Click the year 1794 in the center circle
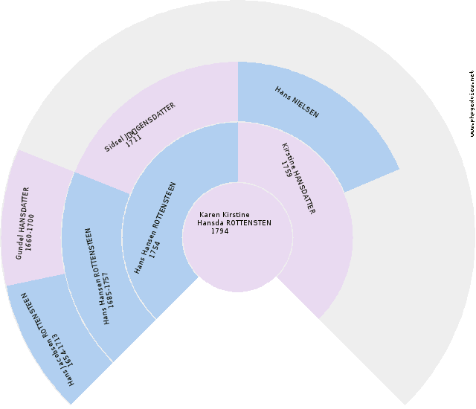219,231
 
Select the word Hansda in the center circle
210,223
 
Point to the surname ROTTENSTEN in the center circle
248,223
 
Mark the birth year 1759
286,160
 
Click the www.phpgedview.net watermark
472,104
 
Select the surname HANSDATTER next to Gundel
25,213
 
